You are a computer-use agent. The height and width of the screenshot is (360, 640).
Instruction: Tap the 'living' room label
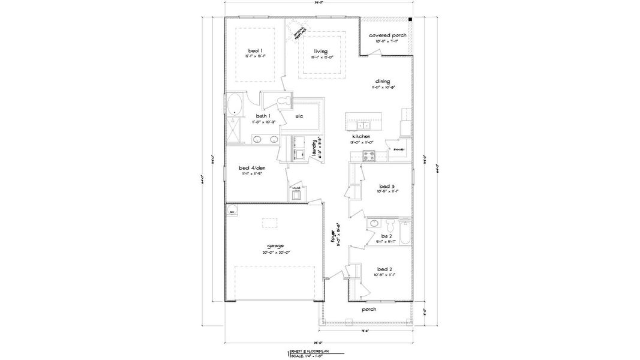pos(320,52)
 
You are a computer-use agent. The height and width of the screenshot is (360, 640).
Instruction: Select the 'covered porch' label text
pos(387,35)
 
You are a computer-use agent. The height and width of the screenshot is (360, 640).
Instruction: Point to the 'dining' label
pos(383,81)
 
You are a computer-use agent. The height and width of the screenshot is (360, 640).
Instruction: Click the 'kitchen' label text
pos(361,137)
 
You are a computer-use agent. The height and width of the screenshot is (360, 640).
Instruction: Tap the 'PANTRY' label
pos(399,149)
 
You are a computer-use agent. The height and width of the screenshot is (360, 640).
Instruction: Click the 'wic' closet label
pos(298,116)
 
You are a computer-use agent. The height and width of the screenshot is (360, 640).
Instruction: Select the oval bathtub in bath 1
pos(234,104)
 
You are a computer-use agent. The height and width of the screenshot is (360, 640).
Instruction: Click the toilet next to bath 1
pos(286,100)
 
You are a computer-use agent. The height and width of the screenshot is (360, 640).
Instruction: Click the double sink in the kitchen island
pos(363,125)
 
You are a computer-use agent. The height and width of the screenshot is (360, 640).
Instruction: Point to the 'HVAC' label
pos(296,188)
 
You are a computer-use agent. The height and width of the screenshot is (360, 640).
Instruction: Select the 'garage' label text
pos(276,245)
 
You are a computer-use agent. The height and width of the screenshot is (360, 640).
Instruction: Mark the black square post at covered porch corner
pos(410,20)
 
